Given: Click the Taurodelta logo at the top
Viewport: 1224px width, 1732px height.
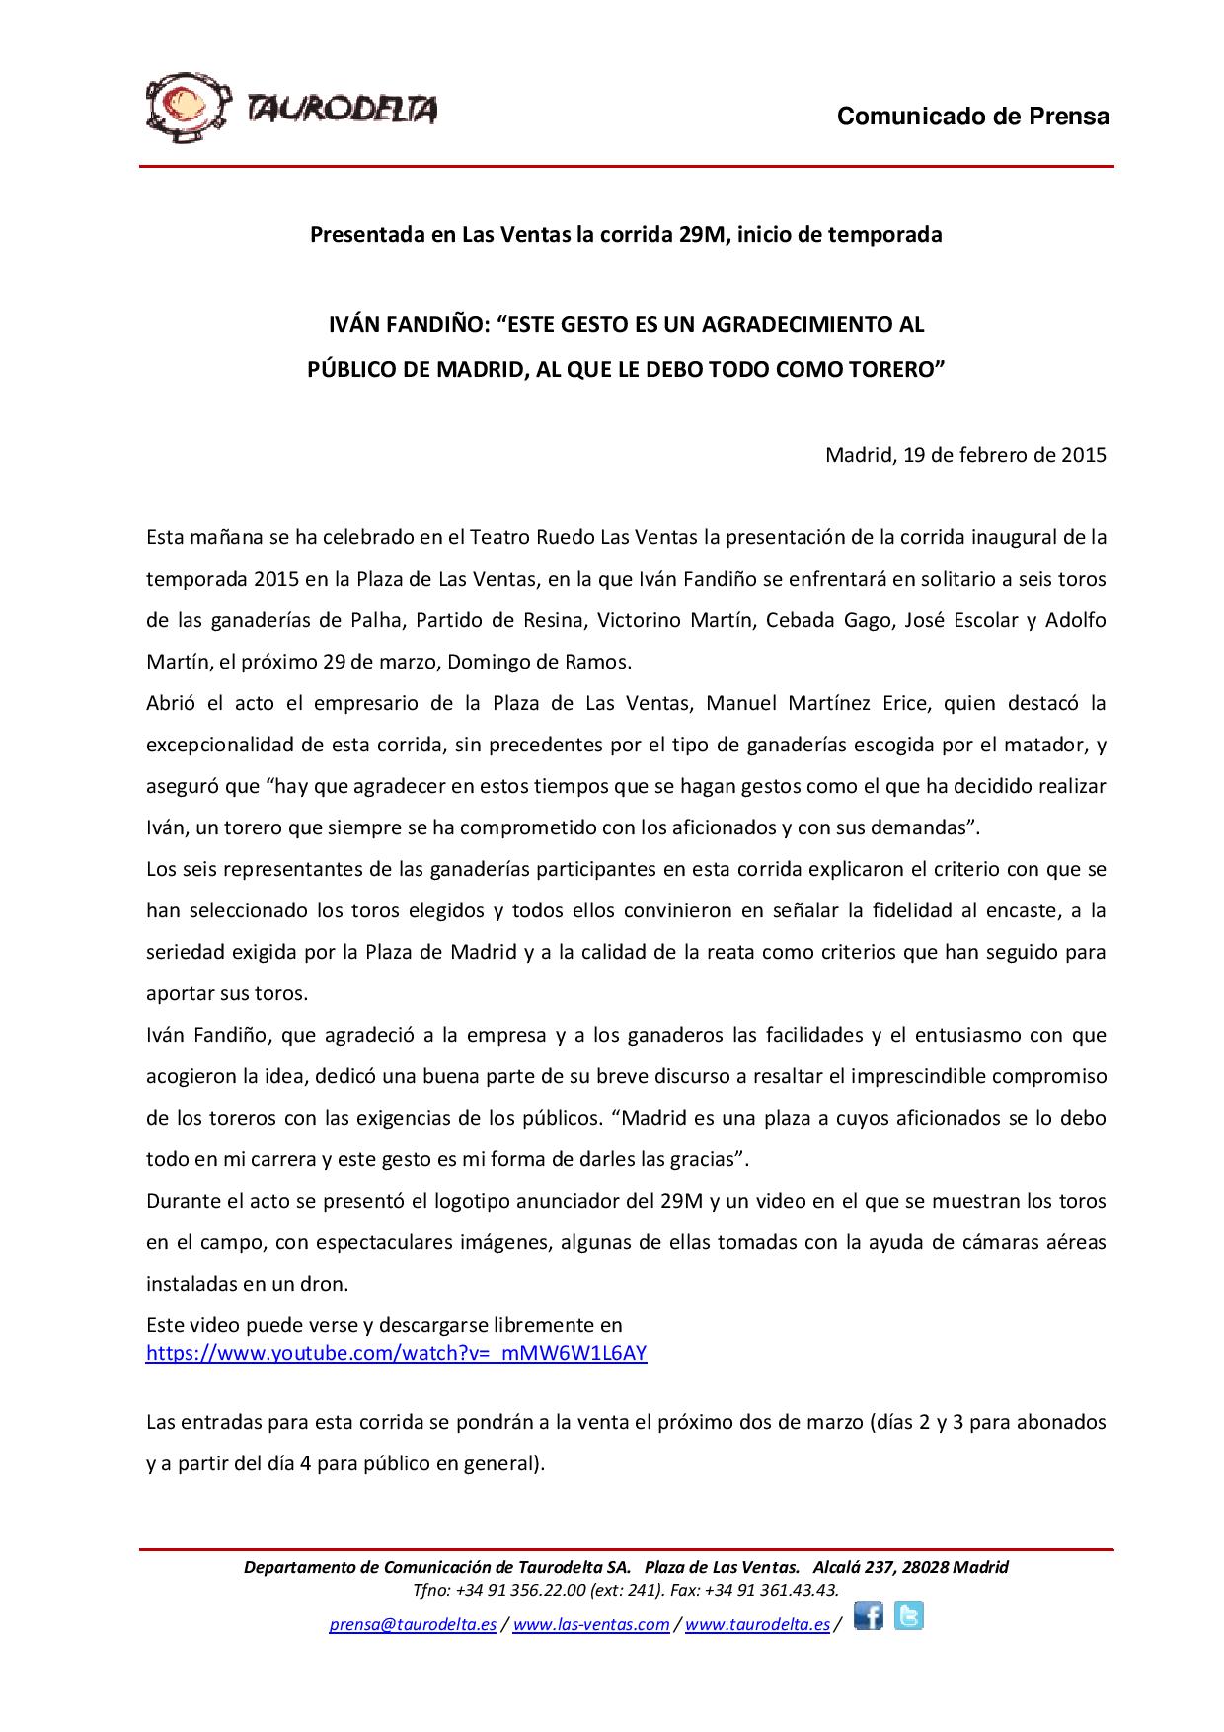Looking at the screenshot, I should (x=292, y=108).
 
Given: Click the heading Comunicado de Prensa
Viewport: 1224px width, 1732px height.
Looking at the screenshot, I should (x=972, y=117).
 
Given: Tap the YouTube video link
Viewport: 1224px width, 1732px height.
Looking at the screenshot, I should (x=396, y=1353).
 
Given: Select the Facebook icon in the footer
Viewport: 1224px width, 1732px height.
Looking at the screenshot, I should (x=869, y=1616).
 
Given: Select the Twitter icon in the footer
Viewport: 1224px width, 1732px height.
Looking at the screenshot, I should (x=908, y=1616).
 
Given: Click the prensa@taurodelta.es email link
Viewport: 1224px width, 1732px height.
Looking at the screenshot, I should (x=412, y=1625).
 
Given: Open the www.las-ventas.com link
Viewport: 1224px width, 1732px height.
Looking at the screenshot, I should (x=591, y=1625).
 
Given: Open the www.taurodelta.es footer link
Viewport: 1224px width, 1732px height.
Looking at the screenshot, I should (x=757, y=1625).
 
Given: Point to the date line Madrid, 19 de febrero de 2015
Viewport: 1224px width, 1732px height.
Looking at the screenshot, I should (x=965, y=455).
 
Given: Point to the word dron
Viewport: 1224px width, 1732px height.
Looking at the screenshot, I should (x=328, y=1284).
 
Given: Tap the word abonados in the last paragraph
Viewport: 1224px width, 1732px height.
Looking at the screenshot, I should (x=1064, y=1422).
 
